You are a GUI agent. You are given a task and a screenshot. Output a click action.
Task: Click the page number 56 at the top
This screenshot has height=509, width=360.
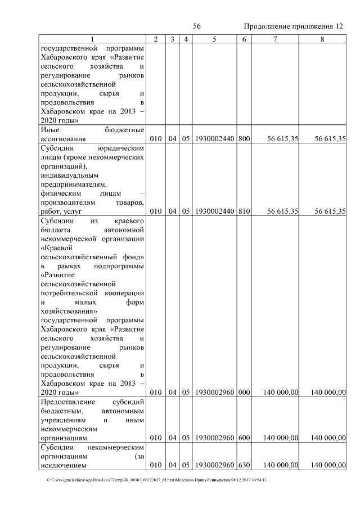197,26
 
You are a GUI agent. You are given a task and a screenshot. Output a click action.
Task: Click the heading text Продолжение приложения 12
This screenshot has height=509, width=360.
293,26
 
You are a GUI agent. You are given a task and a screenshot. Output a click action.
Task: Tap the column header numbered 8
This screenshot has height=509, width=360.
322,39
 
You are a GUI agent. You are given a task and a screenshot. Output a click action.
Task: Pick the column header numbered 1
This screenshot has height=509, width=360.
93,39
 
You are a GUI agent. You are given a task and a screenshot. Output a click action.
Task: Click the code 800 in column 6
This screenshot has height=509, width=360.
244,138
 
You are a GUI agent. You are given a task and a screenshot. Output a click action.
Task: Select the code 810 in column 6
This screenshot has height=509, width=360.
244,211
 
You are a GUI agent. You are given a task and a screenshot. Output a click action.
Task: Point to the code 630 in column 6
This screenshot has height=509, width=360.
244,466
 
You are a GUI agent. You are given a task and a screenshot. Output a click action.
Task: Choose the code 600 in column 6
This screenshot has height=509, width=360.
244,437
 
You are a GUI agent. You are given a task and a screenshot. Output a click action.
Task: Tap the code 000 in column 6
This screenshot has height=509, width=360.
244,393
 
